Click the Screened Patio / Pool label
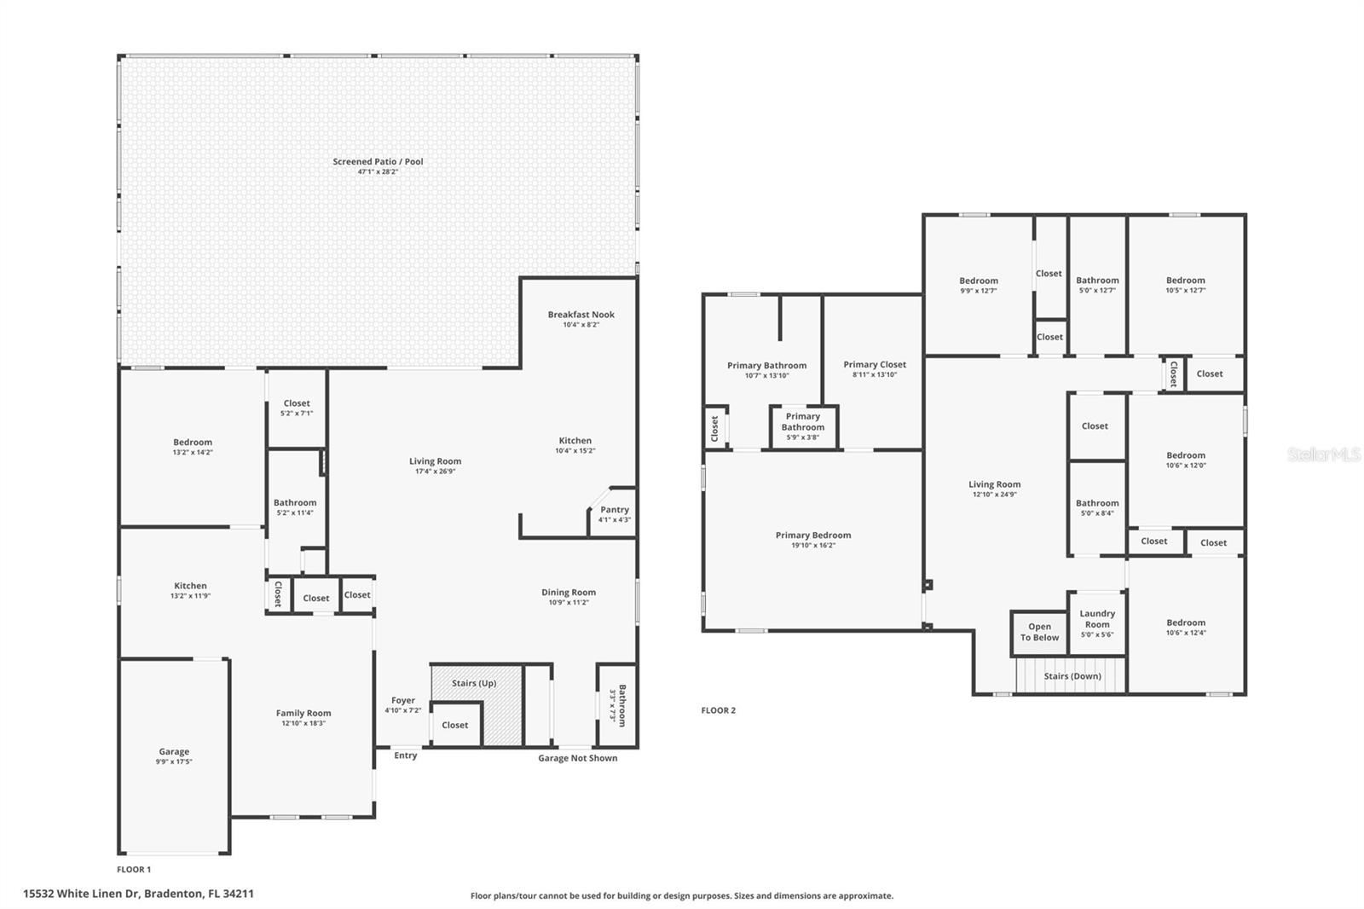378,161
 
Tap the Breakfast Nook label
581,315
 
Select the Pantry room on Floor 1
614,514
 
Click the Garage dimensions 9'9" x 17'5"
174,761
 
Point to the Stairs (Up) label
474,683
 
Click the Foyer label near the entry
402,700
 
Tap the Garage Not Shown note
577,758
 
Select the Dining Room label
569,593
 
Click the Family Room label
303,713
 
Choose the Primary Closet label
875,364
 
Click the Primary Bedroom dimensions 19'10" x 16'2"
812,545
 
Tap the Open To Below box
1039,632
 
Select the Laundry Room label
1097,618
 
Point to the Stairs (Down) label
1072,676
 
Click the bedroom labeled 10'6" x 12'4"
1186,628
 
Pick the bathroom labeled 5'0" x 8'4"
1097,508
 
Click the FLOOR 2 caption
718,710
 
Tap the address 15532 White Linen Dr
138,894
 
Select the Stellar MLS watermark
1324,454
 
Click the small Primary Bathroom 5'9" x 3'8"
803,426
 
